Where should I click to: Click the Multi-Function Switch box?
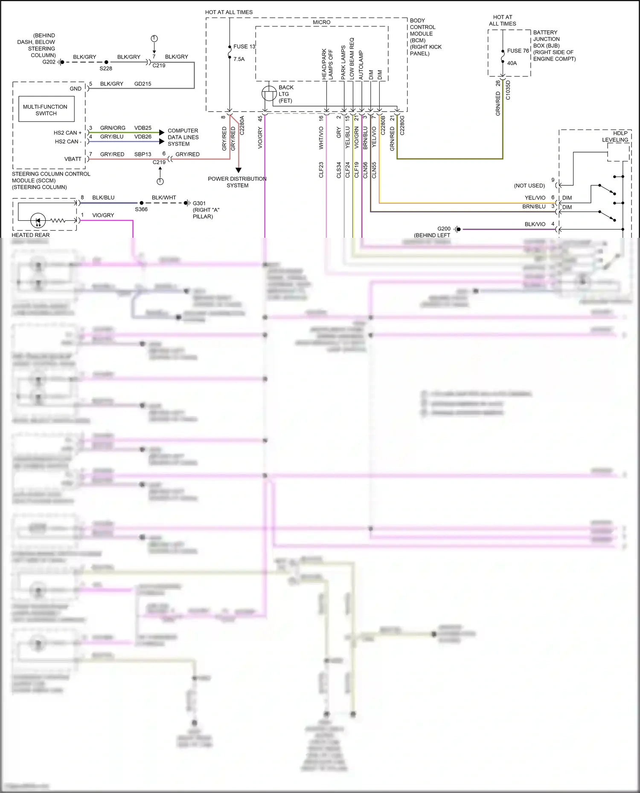(x=46, y=110)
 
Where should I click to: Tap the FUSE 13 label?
(x=244, y=46)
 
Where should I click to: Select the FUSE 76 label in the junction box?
(x=518, y=51)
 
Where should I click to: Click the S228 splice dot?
(x=106, y=62)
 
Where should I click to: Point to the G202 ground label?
(x=49, y=62)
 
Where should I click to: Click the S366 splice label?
(x=141, y=209)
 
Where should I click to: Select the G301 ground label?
(x=199, y=203)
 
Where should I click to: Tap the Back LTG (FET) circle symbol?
(x=269, y=93)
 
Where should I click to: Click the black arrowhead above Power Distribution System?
(x=239, y=170)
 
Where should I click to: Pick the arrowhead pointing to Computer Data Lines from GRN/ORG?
(x=162, y=133)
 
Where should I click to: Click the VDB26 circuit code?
(x=143, y=137)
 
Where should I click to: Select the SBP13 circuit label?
(x=143, y=154)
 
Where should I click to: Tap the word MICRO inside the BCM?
(x=321, y=22)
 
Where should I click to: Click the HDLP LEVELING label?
(x=615, y=136)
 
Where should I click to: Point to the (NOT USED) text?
(x=529, y=186)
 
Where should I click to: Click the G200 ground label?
(x=444, y=229)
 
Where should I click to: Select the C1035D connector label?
(x=508, y=90)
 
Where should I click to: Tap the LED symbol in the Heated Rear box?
(x=38, y=221)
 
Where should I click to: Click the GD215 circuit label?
(x=143, y=84)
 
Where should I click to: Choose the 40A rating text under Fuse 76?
(x=512, y=63)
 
